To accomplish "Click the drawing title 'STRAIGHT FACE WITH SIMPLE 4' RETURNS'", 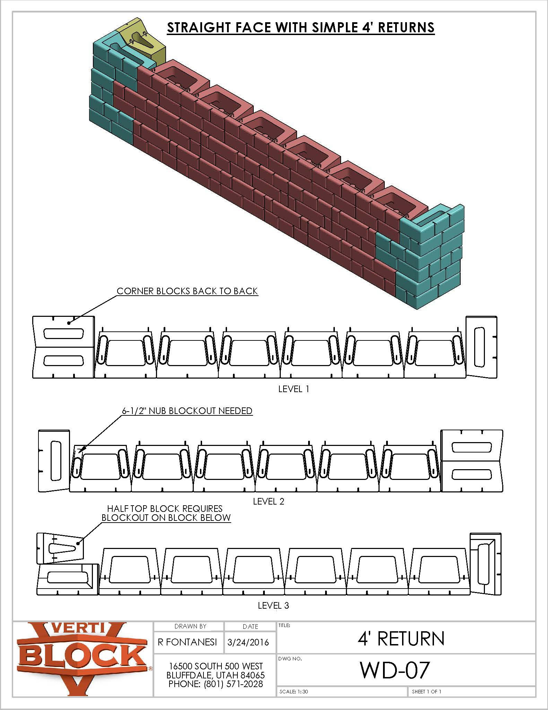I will pyautogui.click(x=301, y=27).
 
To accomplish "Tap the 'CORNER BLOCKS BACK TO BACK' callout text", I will pyautogui.click(x=187, y=291).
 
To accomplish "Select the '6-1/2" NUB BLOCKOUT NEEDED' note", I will pyautogui.click(x=187, y=411).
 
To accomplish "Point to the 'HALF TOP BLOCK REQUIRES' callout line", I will pyautogui.click(x=165, y=509).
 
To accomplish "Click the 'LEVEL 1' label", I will pyautogui.click(x=293, y=389).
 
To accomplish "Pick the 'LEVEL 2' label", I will pyautogui.click(x=268, y=501).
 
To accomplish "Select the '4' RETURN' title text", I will pyautogui.click(x=401, y=639).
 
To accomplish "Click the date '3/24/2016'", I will pyautogui.click(x=248, y=642).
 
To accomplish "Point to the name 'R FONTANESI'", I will pyautogui.click(x=187, y=642).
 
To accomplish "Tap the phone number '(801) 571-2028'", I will pyautogui.click(x=233, y=684).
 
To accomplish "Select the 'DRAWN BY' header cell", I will pyautogui.click(x=190, y=626).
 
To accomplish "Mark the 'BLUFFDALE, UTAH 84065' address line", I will pyautogui.click(x=216, y=675).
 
